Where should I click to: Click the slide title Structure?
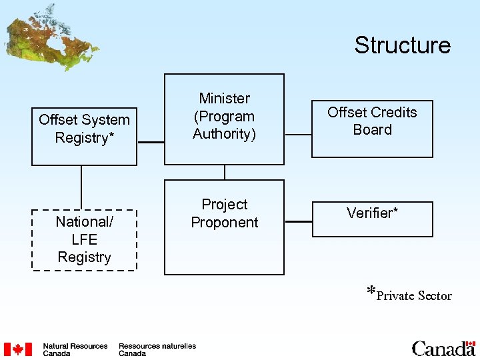point(402,45)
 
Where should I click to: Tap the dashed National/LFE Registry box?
point(84,239)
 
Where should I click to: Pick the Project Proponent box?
point(224,227)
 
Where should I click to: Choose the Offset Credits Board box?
point(372,129)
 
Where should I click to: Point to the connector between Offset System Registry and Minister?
point(151,142)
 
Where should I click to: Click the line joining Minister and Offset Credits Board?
point(298,134)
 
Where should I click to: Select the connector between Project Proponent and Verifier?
point(298,221)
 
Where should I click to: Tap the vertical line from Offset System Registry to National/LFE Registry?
point(81,187)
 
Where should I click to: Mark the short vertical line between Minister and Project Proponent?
point(225,172)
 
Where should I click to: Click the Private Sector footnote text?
point(409,295)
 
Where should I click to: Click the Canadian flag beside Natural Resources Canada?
point(18,349)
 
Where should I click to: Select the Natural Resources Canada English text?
point(75,349)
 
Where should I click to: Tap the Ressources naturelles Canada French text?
point(157,349)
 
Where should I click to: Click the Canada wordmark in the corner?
point(443,349)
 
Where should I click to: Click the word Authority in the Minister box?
point(224,134)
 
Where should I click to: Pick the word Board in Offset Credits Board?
point(372,130)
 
